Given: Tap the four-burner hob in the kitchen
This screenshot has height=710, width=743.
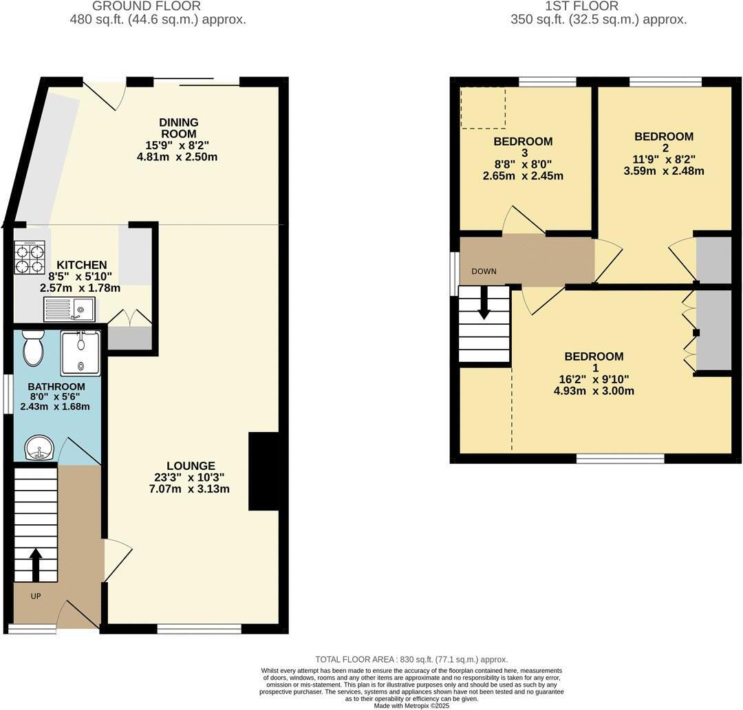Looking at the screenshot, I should pos(30,257).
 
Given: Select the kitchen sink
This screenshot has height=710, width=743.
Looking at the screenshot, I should pos(69,310).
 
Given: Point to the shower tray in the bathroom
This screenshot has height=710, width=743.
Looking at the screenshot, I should pos(81,353).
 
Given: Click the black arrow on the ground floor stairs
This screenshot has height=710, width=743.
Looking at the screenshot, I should pos(36,563).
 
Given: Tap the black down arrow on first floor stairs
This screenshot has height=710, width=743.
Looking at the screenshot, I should pos(484,303).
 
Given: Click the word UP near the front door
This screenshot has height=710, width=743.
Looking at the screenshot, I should pos(35,596).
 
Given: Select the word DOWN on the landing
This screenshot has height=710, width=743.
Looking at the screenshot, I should pos(484,271).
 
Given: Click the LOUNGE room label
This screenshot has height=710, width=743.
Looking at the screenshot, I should pos(191,466).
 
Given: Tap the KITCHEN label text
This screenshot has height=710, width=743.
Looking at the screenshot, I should pos(81,265).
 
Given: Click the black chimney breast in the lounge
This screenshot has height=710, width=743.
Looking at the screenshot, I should pos(263,471).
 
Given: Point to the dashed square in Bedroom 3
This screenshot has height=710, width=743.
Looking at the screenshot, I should pos(482,107).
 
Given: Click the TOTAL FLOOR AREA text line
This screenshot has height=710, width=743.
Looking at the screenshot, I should pos(411,659).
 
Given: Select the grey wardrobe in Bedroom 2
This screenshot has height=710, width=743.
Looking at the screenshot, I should pos(713,259).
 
